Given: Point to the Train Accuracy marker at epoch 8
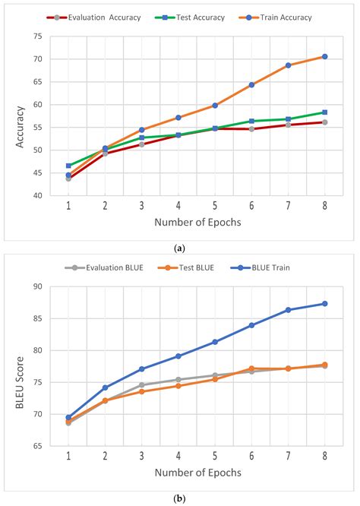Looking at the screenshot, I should (324, 56).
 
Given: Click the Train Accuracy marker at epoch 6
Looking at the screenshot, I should (251, 85).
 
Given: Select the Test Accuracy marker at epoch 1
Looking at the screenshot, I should (68, 166).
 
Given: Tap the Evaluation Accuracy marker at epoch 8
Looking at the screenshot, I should (324, 122).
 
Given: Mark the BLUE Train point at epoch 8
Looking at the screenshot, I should (324, 303).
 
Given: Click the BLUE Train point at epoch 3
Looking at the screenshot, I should (141, 369).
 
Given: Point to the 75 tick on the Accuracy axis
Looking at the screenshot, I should (37, 36).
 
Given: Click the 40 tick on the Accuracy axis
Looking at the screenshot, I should (37, 196).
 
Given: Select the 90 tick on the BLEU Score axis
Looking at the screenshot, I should (37, 286).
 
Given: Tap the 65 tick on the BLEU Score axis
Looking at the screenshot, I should (37, 445).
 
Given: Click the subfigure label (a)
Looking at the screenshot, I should (180, 248).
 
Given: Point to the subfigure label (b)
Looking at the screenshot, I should (180, 498).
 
